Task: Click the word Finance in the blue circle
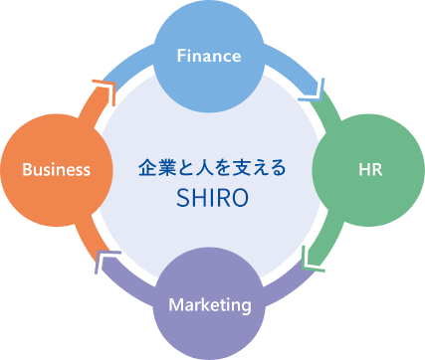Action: pos(209,56)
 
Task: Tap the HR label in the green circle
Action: pos(369,169)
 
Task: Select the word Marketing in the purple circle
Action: pos(209,304)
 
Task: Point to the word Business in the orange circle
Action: pos(57,169)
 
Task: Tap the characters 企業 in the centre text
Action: pos(154,168)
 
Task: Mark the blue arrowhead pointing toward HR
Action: pos(316,88)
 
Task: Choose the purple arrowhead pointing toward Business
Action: pos(107,261)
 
